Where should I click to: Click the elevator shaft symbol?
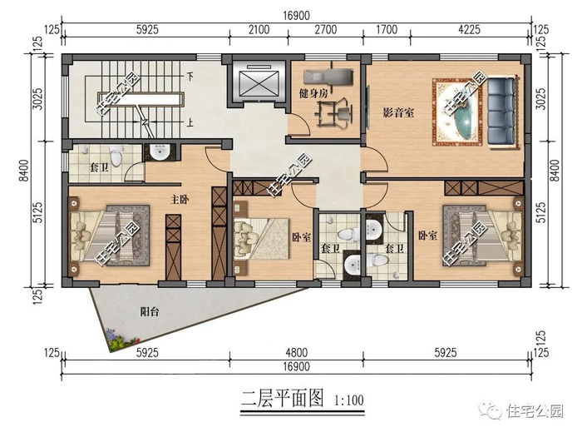[259, 83]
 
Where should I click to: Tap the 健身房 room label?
[313, 93]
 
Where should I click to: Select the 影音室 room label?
[398, 112]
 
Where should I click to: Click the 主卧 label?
[180, 200]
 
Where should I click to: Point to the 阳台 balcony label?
[149, 311]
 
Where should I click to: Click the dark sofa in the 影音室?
[502, 112]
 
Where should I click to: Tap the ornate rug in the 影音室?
[458, 112]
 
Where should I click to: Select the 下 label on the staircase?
[190, 77]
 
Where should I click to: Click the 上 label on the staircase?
[190, 122]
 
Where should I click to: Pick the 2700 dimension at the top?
[326, 29]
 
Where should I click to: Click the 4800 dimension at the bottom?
[296, 352]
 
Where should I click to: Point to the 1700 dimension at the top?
[387, 29]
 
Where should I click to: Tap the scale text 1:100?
[348, 400]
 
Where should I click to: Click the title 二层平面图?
[283, 398]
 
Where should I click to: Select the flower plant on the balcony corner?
[121, 339]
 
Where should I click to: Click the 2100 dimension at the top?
[259, 29]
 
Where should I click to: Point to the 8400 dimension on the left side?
[24, 170]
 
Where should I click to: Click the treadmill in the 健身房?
[328, 76]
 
